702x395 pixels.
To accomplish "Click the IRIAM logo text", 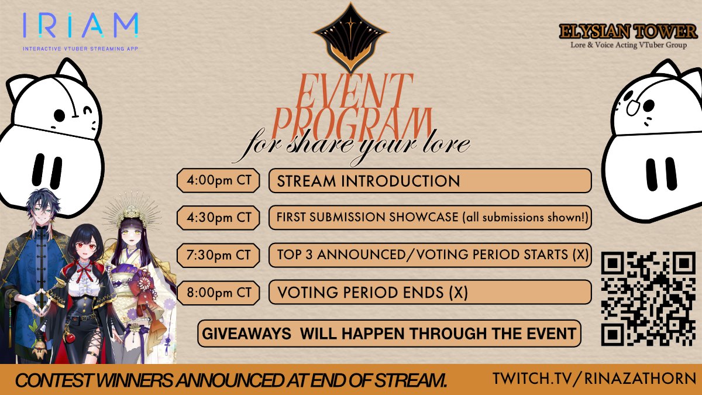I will coord(80,26).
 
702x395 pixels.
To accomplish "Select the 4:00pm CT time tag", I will coord(218,180).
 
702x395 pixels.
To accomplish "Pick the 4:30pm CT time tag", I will coord(218,218).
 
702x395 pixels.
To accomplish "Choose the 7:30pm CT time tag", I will coord(218,255).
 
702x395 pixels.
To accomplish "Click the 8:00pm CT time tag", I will coord(218,292).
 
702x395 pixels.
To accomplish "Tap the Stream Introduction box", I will coord(430,181).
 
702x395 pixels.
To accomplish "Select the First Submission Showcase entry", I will coord(430,218).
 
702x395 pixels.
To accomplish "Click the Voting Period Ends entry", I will coord(430,292).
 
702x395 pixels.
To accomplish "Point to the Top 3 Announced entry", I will coord(430,255).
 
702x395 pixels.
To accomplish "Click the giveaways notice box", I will coord(389,334).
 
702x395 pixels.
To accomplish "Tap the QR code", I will coord(648,298).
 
